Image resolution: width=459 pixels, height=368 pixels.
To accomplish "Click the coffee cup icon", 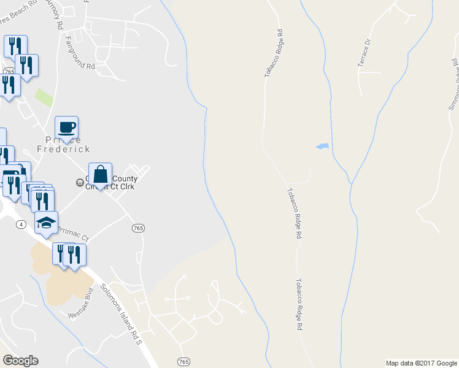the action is point(67,128).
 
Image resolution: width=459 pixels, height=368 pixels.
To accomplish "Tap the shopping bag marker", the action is point(100,174).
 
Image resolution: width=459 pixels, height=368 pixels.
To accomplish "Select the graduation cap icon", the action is point(46,223).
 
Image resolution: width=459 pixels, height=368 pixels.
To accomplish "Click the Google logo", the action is point(20,361).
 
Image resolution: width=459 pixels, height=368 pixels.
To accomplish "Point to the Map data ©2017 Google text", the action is point(421,363).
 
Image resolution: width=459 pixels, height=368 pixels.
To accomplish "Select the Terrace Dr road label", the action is point(364,53).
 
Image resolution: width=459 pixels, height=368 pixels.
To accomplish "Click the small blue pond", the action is point(322,147).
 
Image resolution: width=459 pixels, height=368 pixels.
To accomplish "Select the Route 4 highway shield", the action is point(21,225).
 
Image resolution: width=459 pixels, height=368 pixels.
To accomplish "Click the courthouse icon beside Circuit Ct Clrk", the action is point(79,182).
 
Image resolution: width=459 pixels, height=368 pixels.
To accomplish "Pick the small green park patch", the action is point(44,97).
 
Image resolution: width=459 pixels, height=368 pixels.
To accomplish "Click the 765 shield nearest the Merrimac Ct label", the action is point(138,228).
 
